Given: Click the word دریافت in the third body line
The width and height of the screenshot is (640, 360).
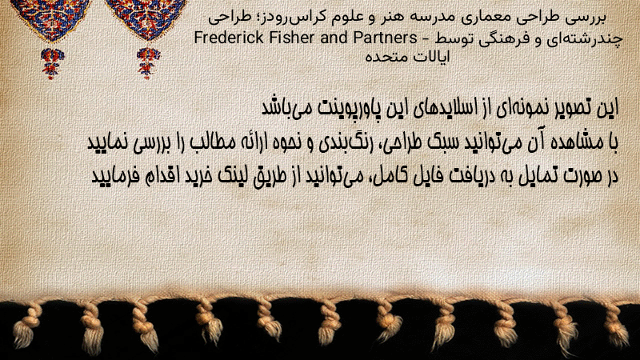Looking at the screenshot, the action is point(463,176).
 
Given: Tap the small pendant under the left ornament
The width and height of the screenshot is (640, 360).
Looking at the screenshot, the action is point(52,63).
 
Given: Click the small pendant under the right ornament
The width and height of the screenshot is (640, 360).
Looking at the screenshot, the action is point(148,63).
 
